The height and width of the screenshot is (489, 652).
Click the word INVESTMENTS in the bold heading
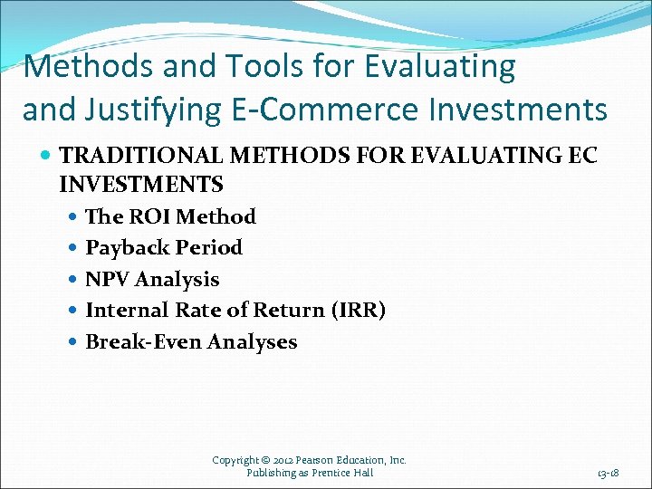[140, 185]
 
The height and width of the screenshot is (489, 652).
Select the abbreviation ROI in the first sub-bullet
[152, 216]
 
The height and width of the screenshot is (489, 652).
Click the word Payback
[128, 247]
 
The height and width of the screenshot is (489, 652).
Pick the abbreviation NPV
[106, 279]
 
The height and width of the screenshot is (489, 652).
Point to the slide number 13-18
[608, 473]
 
